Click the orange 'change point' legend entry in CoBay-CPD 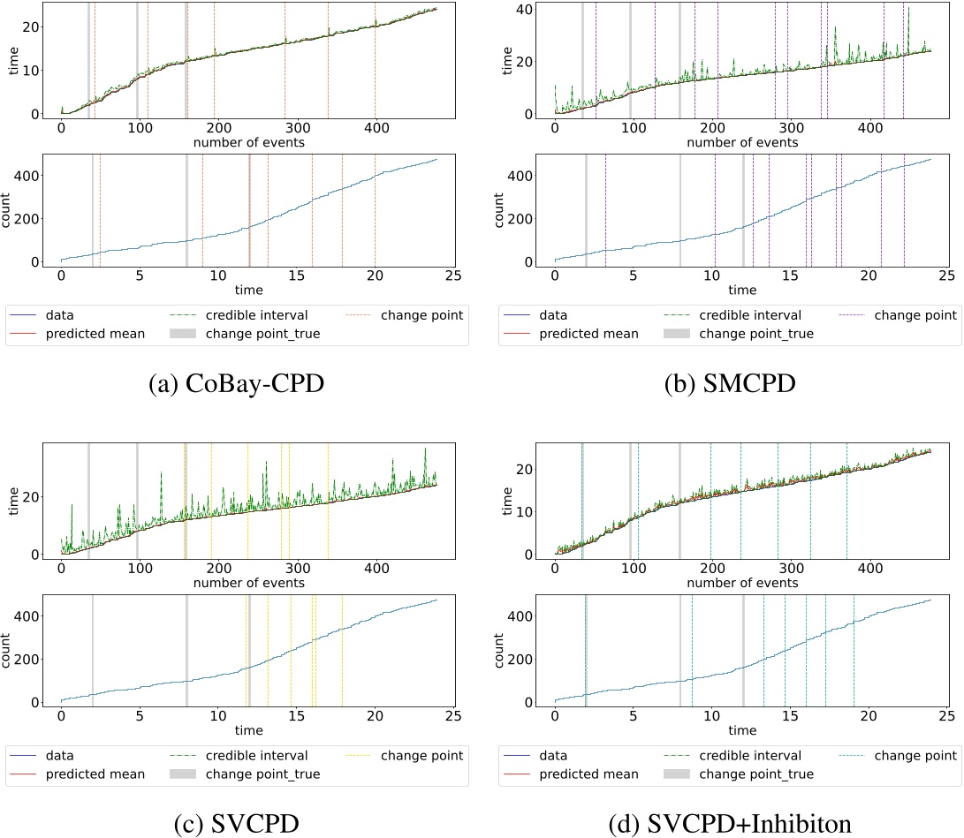click(x=421, y=313)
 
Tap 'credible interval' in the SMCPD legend click(x=748, y=313)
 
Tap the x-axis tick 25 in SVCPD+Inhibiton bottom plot click(x=945, y=716)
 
